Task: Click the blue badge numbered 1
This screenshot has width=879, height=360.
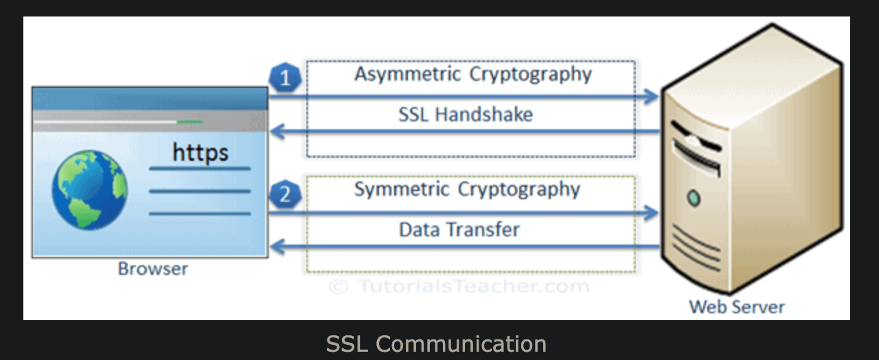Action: pos(285,78)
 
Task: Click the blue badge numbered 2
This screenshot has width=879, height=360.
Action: pos(285,194)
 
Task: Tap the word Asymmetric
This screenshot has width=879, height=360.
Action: pos(407,74)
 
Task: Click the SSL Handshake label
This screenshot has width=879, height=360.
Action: pos(466,115)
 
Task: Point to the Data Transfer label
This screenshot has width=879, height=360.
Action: pos(459,229)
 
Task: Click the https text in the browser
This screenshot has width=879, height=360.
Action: pos(200,153)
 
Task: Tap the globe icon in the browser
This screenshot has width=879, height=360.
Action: pos(90,190)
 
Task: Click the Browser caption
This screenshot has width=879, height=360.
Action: pos(153,269)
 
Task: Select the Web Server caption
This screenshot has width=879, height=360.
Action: pos(737,307)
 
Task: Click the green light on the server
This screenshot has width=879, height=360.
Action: pos(694,199)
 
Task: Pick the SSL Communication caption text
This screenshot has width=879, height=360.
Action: pos(436,344)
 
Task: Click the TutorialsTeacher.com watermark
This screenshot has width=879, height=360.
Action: pos(459,286)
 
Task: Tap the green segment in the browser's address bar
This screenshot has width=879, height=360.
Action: pos(190,122)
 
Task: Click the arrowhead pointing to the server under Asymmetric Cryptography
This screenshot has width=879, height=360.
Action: pos(652,97)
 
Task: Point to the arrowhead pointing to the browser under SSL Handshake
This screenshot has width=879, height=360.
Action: pos(277,131)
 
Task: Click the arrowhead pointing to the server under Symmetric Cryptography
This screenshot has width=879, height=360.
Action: pos(652,213)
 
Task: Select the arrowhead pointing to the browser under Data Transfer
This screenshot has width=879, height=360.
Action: pos(277,247)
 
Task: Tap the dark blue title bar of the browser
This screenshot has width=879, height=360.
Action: pos(150,98)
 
